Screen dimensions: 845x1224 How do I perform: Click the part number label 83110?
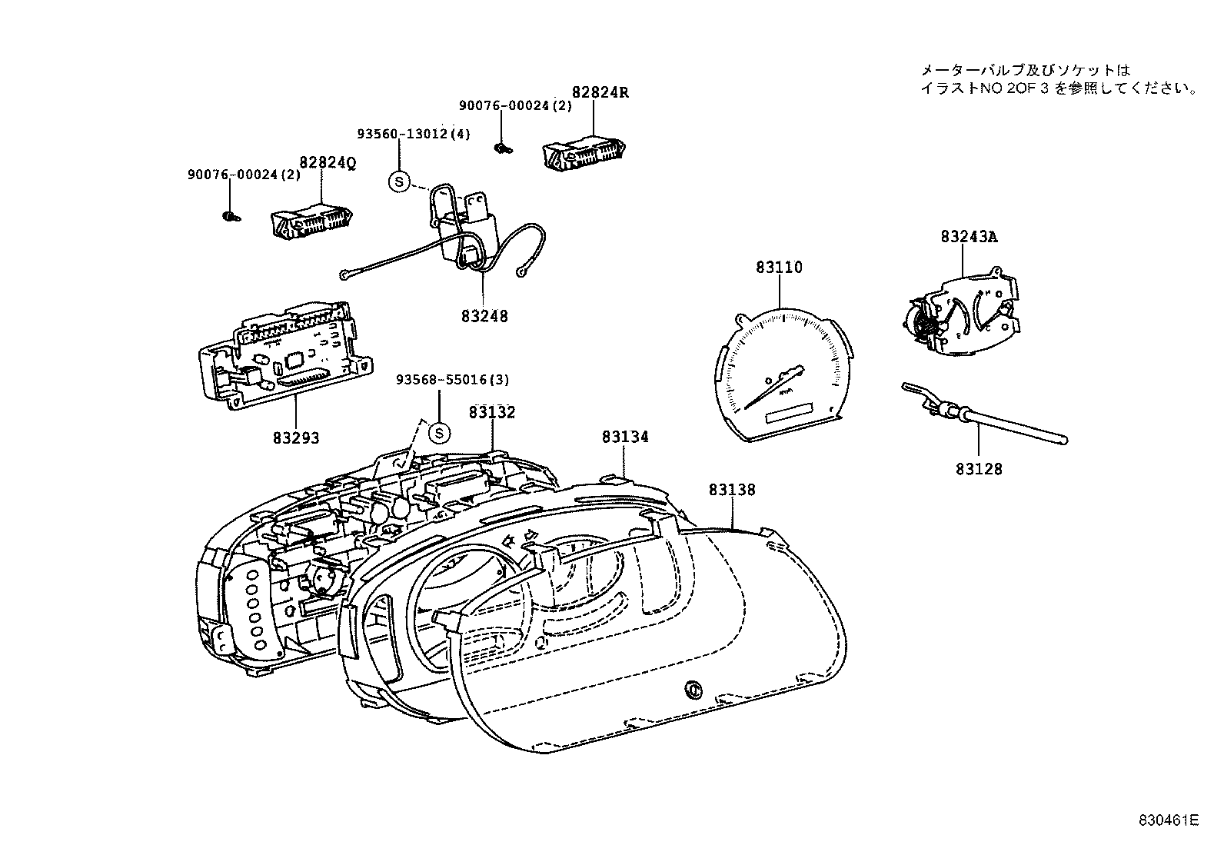(779, 268)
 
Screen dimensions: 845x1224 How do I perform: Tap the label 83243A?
(968, 237)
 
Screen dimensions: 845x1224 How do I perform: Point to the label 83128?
(979, 468)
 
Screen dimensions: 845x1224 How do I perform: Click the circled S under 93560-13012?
(399, 182)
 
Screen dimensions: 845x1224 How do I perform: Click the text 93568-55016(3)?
(452, 380)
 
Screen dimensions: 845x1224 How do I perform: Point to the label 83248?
(484, 316)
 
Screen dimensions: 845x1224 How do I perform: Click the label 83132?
(492, 412)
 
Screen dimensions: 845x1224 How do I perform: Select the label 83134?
(624, 437)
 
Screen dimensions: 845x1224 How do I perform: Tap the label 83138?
(732, 490)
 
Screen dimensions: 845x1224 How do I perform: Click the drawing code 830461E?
(1168, 820)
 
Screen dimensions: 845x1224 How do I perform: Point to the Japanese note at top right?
(1058, 79)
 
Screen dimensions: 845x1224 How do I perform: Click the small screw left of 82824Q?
(229, 216)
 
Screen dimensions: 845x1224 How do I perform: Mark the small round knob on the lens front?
(692, 690)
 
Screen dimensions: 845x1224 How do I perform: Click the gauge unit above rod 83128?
(964, 311)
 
